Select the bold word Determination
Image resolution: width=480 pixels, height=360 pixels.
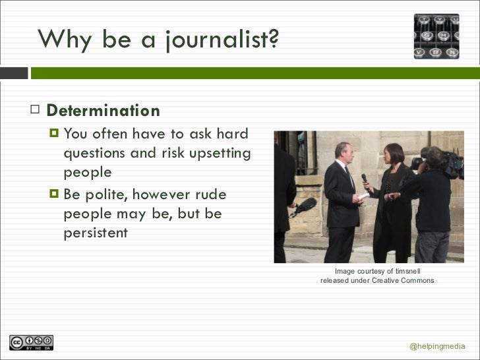click(104, 111)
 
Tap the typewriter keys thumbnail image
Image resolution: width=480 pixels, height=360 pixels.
click(436, 36)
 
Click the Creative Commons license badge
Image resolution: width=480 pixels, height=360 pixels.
click(31, 343)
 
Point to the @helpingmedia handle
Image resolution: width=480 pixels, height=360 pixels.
click(437, 347)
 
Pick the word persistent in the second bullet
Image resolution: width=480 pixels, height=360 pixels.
click(96, 233)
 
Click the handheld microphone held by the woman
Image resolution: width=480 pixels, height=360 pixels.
click(364, 179)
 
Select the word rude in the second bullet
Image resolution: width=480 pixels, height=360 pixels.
click(211, 195)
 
